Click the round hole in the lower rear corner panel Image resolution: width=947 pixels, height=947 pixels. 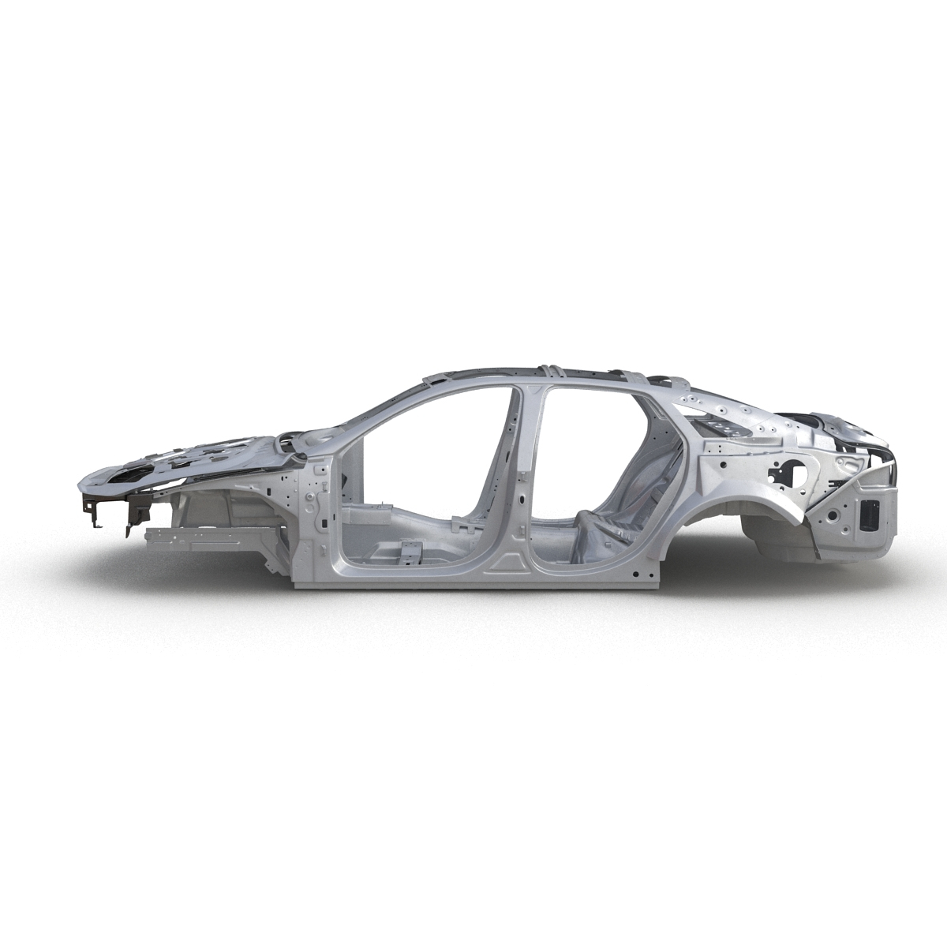[833, 518]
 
